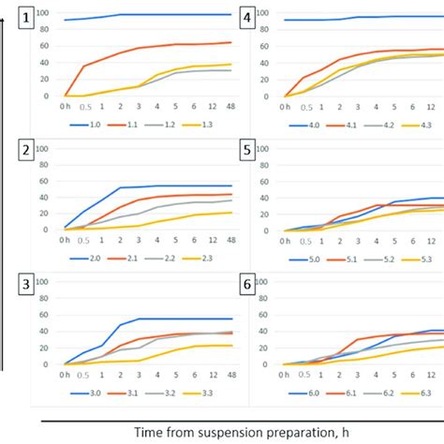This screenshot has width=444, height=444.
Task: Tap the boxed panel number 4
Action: point(247,17)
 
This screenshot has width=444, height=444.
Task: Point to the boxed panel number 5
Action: point(247,150)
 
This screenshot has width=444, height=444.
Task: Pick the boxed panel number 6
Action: point(247,284)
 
